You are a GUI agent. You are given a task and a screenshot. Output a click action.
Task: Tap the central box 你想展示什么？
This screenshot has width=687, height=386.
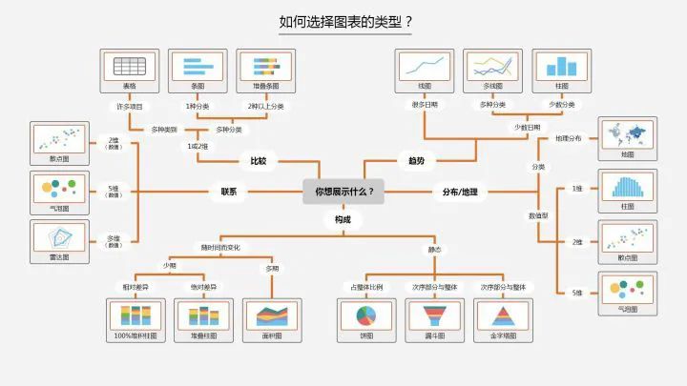(x=343, y=192)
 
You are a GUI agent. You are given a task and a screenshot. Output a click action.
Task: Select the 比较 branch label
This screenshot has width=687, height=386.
(x=258, y=161)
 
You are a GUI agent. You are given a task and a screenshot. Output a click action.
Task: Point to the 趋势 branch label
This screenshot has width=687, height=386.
(x=416, y=161)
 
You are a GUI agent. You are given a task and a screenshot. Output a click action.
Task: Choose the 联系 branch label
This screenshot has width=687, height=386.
(x=229, y=192)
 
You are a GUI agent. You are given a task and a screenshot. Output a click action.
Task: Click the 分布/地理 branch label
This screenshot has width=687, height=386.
(x=460, y=192)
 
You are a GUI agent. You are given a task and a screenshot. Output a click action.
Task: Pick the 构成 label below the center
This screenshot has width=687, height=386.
(x=343, y=220)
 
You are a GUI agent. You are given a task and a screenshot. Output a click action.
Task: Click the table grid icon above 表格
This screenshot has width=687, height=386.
(x=129, y=66)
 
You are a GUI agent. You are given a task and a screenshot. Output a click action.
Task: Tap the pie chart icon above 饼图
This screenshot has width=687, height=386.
(x=366, y=315)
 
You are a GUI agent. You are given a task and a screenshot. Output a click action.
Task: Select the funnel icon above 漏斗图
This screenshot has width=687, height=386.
(x=434, y=315)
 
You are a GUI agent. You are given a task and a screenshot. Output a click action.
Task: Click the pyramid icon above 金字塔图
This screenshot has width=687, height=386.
(x=502, y=315)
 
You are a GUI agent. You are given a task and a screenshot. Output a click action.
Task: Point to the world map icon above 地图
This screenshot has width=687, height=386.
(x=627, y=134)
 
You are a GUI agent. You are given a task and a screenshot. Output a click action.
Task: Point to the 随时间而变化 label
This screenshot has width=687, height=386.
(x=220, y=248)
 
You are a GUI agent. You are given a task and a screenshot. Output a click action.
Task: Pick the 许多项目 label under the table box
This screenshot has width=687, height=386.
(x=129, y=106)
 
